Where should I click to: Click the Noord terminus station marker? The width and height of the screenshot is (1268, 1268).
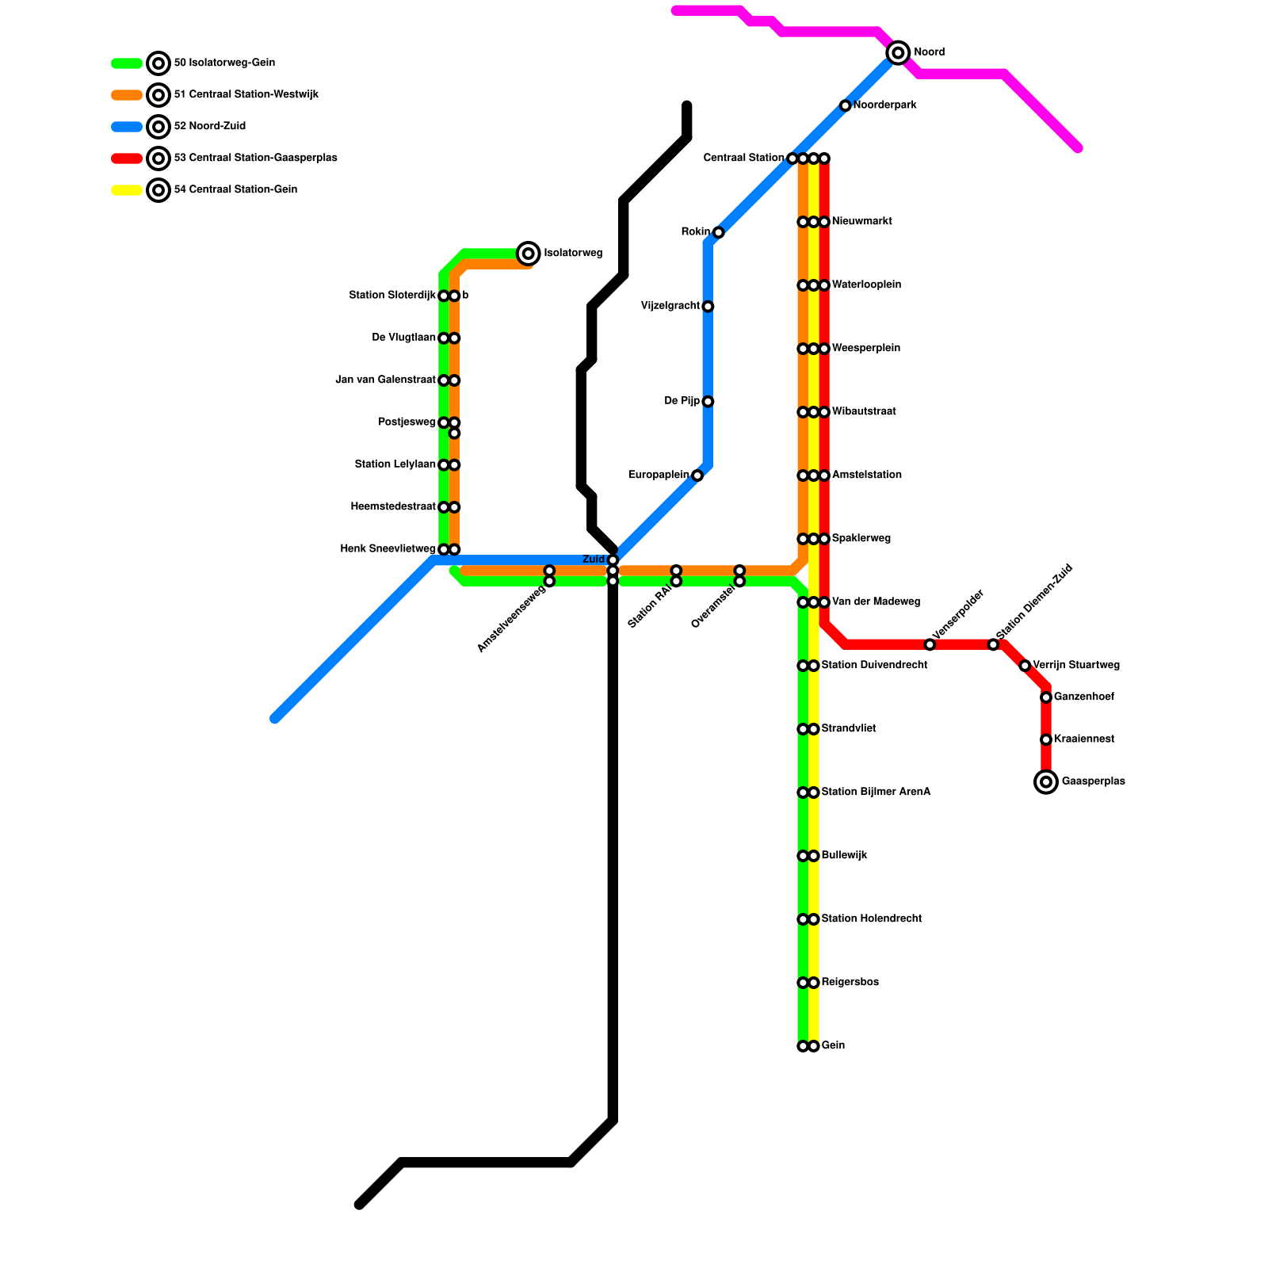[x=898, y=53]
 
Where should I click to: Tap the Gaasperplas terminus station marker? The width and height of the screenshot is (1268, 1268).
[x=1046, y=782]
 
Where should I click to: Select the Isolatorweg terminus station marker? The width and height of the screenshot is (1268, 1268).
[x=529, y=254]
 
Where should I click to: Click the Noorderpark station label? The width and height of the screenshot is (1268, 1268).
[x=884, y=105]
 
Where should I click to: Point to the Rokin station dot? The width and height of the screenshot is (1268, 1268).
[x=718, y=232]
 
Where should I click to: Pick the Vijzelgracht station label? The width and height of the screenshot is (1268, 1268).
[x=670, y=306]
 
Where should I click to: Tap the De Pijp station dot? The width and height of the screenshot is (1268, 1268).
[x=708, y=402]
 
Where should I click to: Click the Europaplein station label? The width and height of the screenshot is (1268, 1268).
[x=659, y=475]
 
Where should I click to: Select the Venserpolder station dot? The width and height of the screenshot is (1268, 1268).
[x=930, y=644]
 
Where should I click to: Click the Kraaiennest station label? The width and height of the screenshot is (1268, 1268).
[x=1083, y=739]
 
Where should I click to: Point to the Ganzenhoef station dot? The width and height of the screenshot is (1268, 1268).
[x=1046, y=697]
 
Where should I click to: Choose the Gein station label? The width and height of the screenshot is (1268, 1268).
[x=833, y=1046]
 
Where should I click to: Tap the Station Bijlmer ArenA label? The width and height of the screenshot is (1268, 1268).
[x=876, y=792]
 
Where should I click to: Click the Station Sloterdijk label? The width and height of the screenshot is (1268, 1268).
[x=392, y=296]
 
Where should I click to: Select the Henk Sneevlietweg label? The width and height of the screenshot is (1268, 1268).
[x=388, y=549]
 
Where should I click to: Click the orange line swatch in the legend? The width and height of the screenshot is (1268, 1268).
[x=127, y=95]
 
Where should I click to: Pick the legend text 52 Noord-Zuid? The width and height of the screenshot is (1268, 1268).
[x=209, y=127]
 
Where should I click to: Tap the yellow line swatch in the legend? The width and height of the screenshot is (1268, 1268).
[x=127, y=190]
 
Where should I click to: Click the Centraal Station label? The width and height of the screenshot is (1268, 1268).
[x=743, y=158]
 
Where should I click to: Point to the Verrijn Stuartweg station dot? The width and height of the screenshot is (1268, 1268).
[x=1025, y=666]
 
